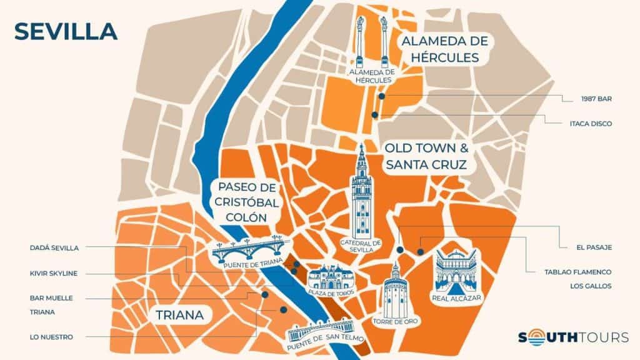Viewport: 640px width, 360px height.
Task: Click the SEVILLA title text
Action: pos(66,31)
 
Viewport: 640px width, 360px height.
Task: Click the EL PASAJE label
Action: pos(594,247)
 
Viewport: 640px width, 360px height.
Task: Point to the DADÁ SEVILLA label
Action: pos(54,247)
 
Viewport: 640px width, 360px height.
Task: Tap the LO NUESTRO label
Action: pos(51,337)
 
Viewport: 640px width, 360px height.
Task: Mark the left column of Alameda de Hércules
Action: pos(361,41)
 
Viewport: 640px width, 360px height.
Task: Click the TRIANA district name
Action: pos(178,315)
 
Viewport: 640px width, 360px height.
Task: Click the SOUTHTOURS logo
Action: pos(573,337)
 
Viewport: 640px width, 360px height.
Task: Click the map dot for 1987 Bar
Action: pos(381,96)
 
